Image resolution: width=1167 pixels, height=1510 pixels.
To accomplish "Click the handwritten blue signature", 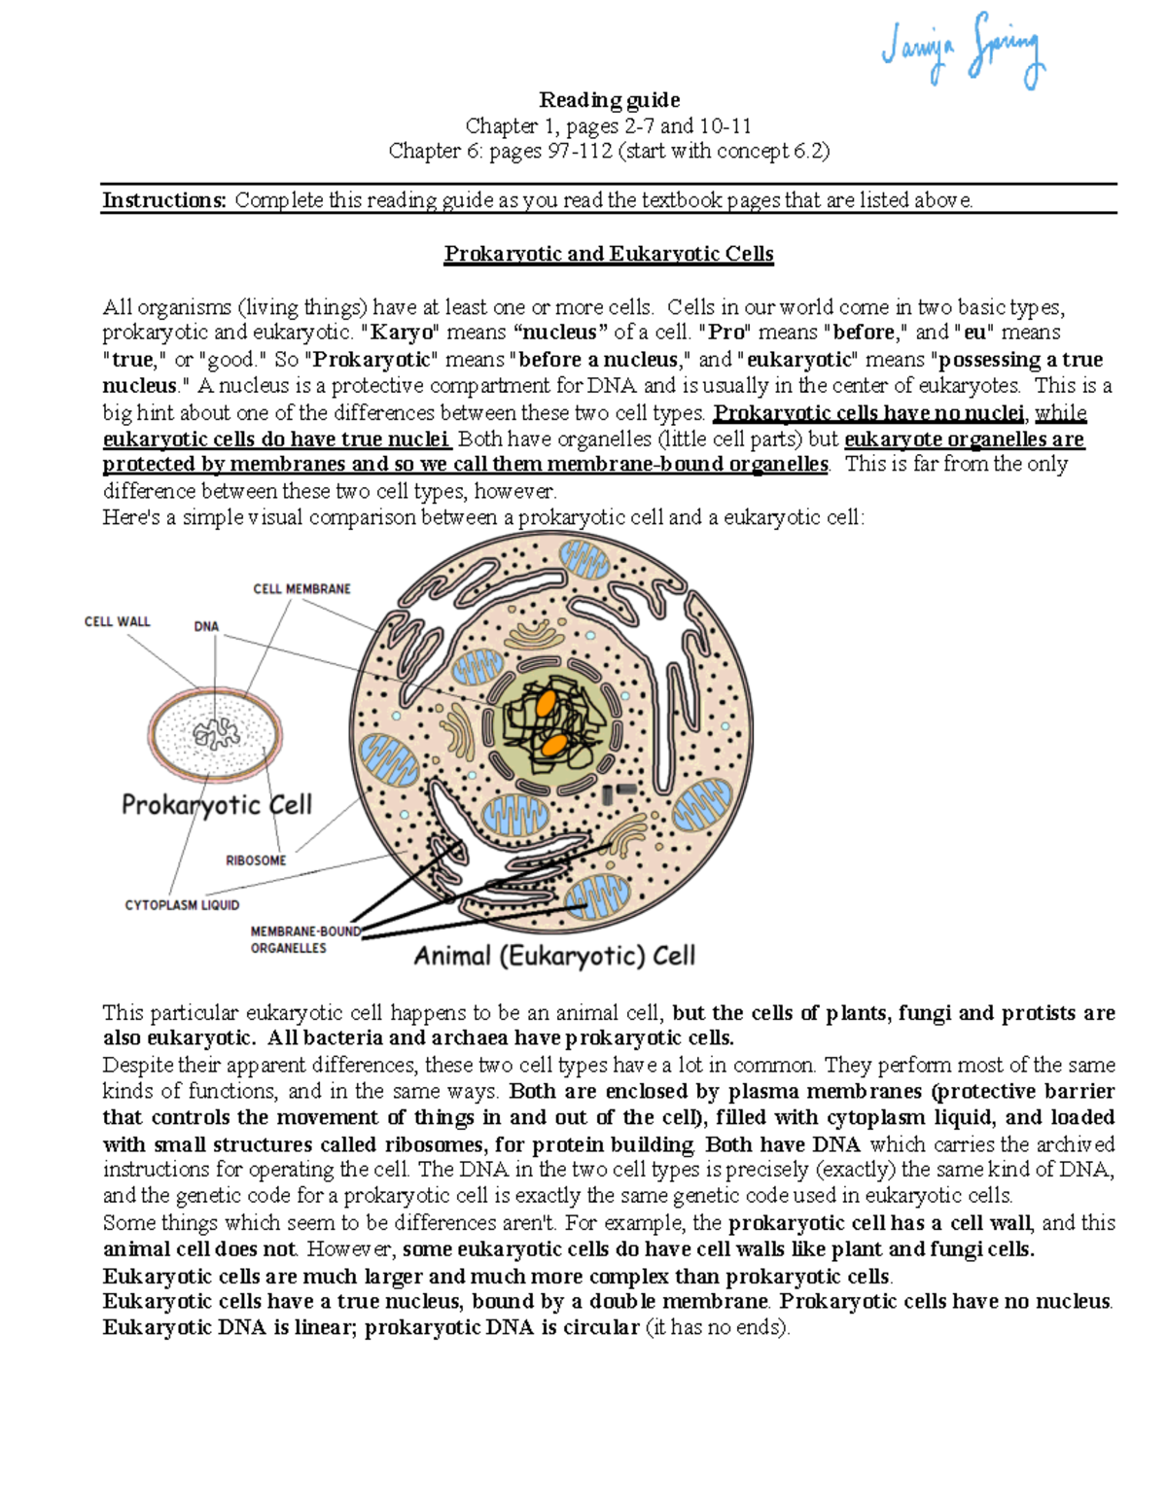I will (x=963, y=51).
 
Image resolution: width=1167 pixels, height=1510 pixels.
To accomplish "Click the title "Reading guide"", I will (x=609, y=100).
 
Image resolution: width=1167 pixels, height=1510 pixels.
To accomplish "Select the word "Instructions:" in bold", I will (x=164, y=200).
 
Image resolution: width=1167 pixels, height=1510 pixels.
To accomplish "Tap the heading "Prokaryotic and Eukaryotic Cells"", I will (x=609, y=254).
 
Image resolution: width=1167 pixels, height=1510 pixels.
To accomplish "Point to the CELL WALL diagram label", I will (x=117, y=621).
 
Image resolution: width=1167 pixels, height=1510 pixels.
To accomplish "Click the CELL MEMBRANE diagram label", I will (x=301, y=589).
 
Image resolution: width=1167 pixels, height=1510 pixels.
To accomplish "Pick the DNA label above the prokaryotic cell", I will (x=206, y=627).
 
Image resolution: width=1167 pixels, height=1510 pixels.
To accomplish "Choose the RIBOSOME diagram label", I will (x=256, y=860).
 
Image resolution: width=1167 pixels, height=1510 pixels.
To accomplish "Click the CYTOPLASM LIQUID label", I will (x=182, y=905).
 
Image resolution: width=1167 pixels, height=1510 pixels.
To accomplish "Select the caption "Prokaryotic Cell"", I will (x=216, y=805).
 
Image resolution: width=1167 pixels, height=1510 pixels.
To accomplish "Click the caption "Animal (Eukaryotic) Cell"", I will (x=554, y=956).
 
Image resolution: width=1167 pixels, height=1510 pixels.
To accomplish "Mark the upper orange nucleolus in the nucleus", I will (x=547, y=702).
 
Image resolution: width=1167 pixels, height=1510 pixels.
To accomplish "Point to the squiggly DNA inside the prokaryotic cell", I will (x=216, y=733).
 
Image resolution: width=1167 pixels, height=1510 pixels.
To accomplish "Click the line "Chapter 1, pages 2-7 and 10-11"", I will (x=609, y=125).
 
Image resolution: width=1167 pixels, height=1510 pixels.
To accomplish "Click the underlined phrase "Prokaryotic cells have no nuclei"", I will (x=868, y=413).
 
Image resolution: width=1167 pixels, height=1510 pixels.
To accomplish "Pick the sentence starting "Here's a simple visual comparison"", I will (x=482, y=517).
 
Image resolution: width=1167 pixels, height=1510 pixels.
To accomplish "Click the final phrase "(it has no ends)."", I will (x=718, y=1328).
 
